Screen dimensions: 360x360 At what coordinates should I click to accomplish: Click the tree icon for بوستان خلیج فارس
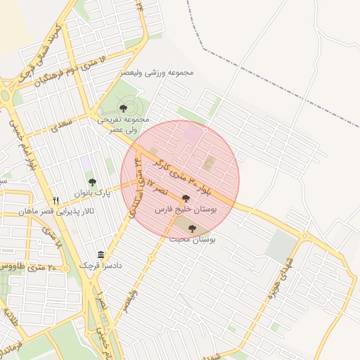185,199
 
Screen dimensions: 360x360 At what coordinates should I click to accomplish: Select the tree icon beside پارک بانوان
92,182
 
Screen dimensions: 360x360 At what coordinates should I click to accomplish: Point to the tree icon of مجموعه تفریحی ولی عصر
124,108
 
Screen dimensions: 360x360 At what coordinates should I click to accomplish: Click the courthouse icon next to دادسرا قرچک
101,255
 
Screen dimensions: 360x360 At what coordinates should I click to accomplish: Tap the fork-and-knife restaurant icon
56,200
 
